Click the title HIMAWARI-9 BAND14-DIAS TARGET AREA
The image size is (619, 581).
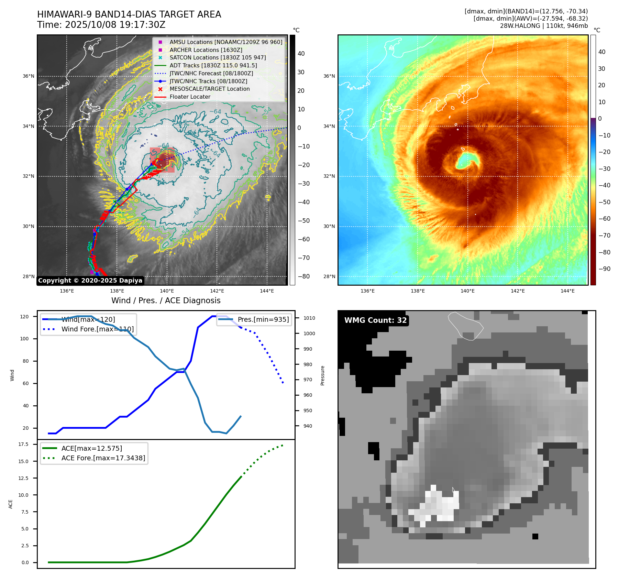(x=129, y=14)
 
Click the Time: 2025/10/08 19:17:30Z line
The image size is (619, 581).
(x=101, y=25)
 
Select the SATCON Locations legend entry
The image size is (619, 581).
(x=218, y=57)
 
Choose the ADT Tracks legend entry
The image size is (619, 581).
(x=213, y=65)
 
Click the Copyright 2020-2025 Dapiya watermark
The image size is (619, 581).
(x=90, y=281)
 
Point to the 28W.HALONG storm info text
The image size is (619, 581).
(x=544, y=26)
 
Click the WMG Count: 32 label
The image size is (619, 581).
(x=375, y=320)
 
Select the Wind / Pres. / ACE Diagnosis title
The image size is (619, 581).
(x=166, y=300)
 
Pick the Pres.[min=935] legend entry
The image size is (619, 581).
(x=263, y=319)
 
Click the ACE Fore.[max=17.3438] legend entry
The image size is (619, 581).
(x=103, y=458)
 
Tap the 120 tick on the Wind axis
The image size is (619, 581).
(x=24, y=317)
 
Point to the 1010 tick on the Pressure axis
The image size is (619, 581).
(x=309, y=318)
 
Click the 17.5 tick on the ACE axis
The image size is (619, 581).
(x=23, y=444)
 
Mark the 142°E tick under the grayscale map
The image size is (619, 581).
(x=217, y=291)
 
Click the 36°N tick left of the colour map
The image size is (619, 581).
(x=329, y=76)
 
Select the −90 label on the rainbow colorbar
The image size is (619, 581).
(x=604, y=269)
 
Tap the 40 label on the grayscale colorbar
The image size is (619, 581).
(x=301, y=53)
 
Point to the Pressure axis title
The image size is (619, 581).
(x=322, y=375)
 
